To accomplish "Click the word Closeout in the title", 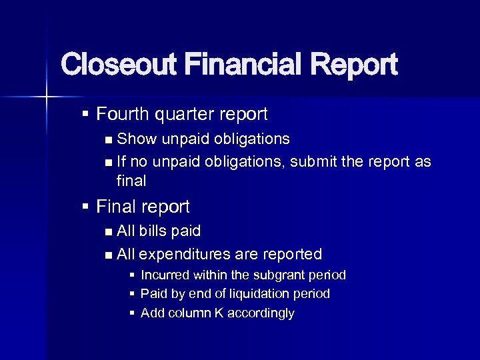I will point(117,65).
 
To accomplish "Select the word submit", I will point(315,161).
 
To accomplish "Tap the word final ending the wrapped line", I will point(131,181).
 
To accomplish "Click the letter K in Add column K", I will point(219,313).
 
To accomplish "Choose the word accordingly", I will point(261,313).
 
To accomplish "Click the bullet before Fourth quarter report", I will point(85,115).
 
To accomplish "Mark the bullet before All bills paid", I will point(109,231).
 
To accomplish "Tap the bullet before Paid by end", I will point(133,294).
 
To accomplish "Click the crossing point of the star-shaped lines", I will point(46,97).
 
